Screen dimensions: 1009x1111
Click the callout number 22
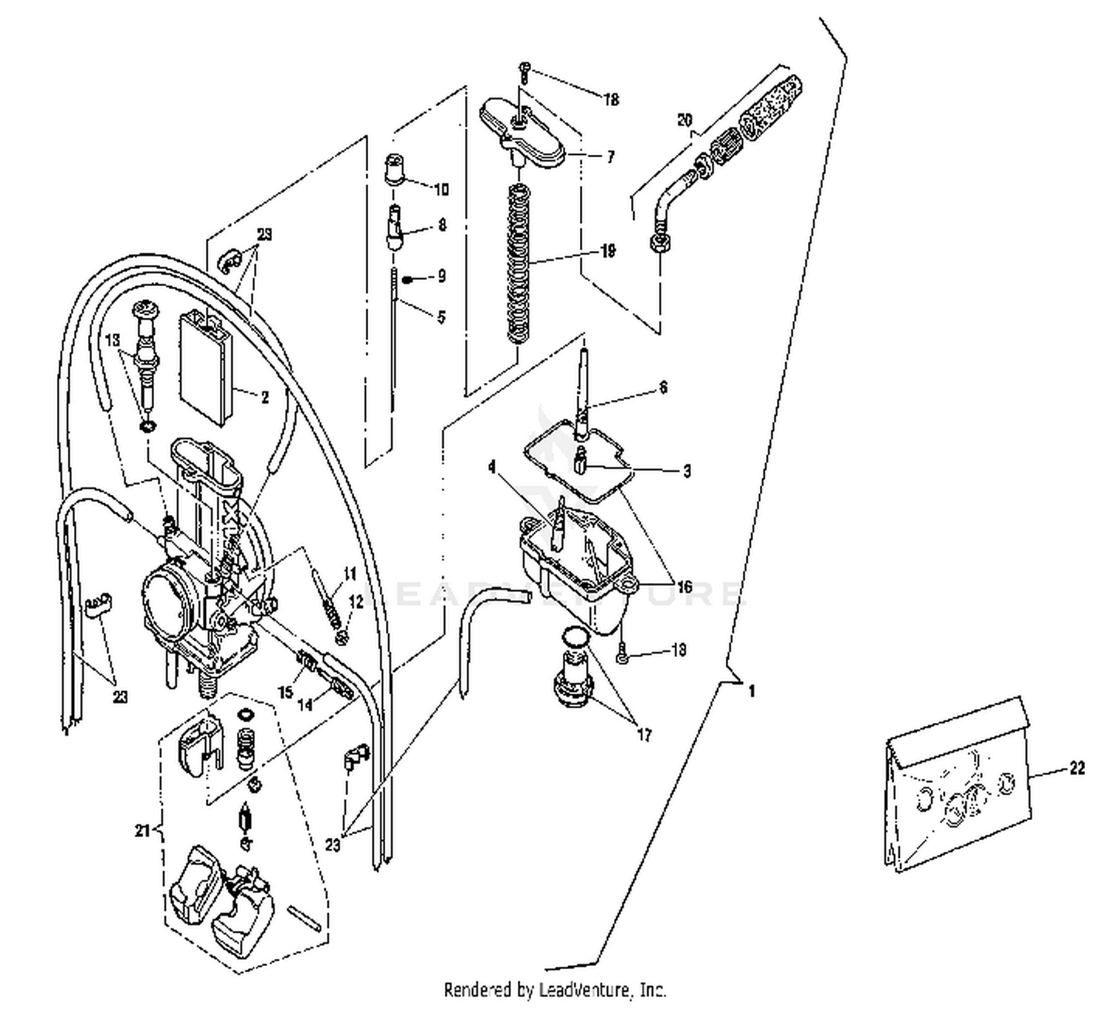pyautogui.click(x=1076, y=768)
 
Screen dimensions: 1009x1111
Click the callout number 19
pyautogui.click(x=607, y=252)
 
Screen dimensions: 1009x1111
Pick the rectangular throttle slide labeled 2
pyautogui.click(x=207, y=367)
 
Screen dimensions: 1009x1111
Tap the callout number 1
pyautogui.click(x=752, y=691)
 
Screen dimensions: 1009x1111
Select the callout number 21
pyautogui.click(x=142, y=830)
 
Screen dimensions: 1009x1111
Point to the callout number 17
pyautogui.click(x=644, y=735)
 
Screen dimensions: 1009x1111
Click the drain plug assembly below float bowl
pyautogui.click(x=572, y=682)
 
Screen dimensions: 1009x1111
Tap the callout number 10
pyautogui.click(x=441, y=190)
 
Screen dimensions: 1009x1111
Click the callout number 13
pyautogui.click(x=112, y=340)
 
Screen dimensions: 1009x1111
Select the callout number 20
pyautogui.click(x=684, y=120)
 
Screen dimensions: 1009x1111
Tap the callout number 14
pyautogui.click(x=305, y=705)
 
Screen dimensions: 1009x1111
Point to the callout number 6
pyautogui.click(x=663, y=387)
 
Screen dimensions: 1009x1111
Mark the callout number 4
pyautogui.click(x=491, y=467)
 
